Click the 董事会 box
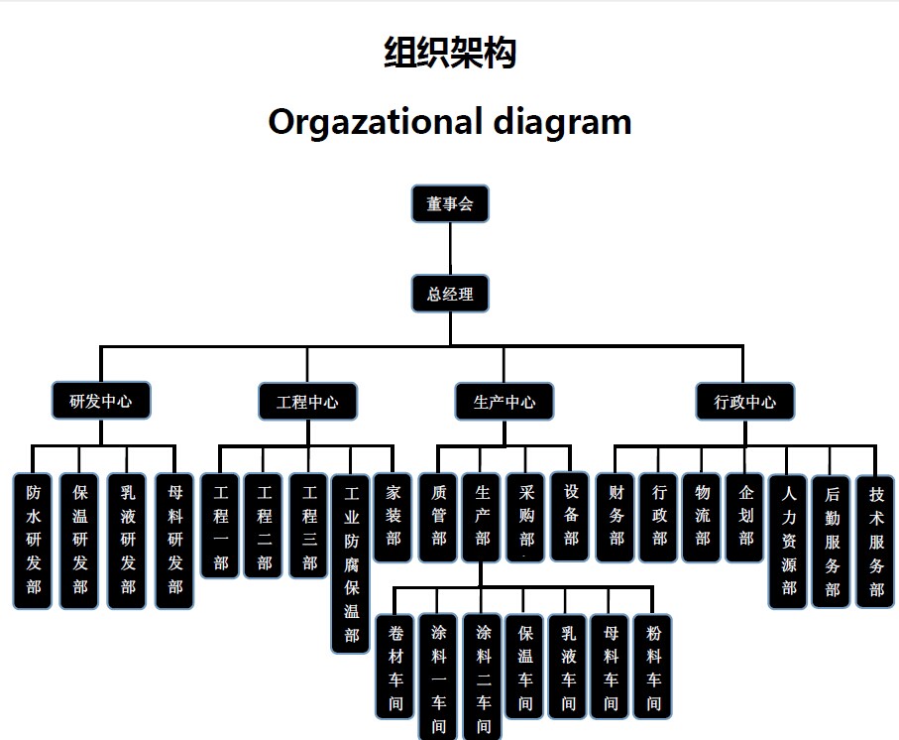(x=450, y=204)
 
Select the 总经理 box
(x=450, y=294)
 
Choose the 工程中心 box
(x=307, y=402)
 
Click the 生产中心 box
(x=505, y=402)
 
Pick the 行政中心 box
(x=745, y=402)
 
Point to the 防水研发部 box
(x=34, y=540)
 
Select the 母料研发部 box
(x=175, y=540)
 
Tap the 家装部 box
(x=393, y=516)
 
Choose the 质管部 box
(x=439, y=516)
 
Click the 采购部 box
(x=526, y=516)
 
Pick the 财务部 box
(x=617, y=516)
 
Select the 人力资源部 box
(x=789, y=540)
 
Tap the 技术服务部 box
(x=876, y=540)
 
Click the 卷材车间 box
(x=395, y=667)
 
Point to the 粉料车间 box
(x=654, y=667)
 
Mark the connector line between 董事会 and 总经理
(x=450, y=249)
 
